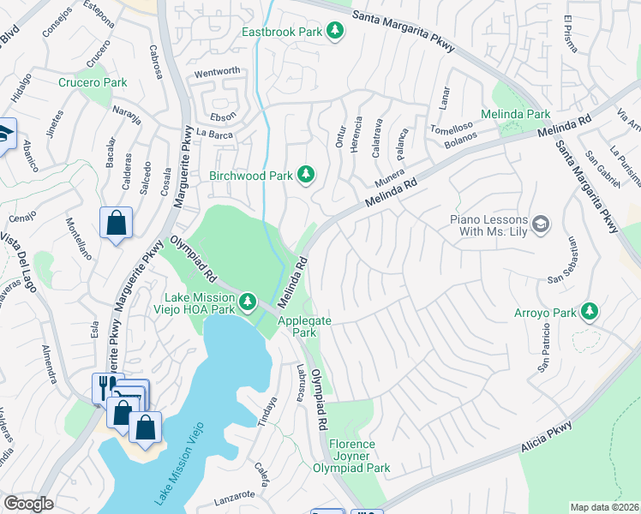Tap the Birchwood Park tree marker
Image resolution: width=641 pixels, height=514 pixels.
pyautogui.click(x=306, y=176)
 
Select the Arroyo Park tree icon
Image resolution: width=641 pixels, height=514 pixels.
pyautogui.click(x=589, y=312)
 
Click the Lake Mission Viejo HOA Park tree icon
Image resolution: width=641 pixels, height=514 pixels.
pyautogui.click(x=248, y=301)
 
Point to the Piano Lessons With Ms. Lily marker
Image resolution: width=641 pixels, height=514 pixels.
pyautogui.click(x=540, y=224)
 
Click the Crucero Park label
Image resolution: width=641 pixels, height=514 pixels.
pyautogui.click(x=93, y=83)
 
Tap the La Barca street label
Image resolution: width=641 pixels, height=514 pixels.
pyautogui.click(x=214, y=133)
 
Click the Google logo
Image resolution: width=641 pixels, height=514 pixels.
pyautogui.click(x=28, y=504)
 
